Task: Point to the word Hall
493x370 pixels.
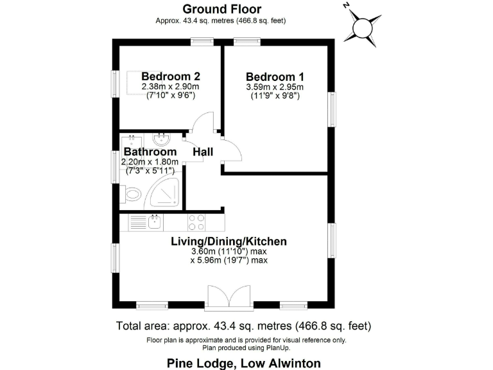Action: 203,152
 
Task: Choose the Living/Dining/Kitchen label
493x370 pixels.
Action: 228,242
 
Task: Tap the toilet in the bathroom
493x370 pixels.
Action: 132,193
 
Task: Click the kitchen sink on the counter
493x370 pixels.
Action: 154,222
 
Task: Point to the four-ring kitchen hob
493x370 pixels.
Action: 196,222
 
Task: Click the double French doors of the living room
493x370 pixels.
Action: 229,297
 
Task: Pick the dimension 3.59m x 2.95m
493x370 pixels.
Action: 274,87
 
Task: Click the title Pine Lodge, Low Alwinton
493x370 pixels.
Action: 244,363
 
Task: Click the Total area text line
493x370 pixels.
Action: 243,326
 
